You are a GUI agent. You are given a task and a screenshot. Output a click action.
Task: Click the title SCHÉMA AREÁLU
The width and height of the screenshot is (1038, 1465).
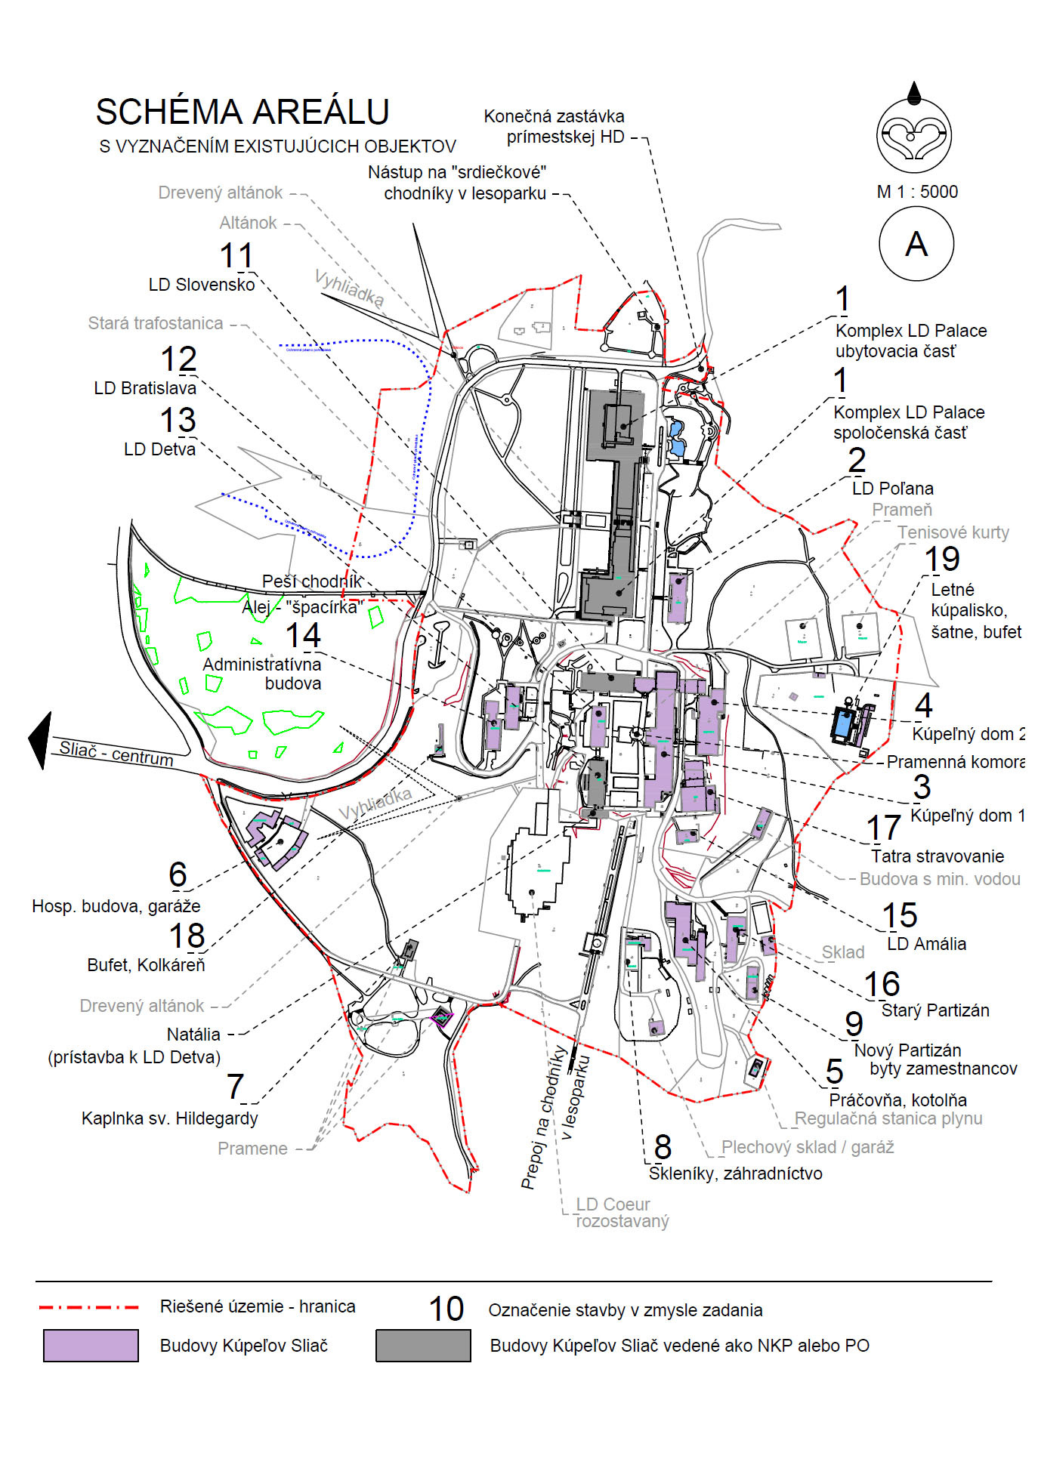[243, 112]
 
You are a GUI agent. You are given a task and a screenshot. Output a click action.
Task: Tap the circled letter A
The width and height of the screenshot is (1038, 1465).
[916, 244]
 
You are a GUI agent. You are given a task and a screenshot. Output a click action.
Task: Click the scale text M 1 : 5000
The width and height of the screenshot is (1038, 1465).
[917, 192]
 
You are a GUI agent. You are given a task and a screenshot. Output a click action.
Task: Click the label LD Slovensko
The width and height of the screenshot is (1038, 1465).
[202, 285]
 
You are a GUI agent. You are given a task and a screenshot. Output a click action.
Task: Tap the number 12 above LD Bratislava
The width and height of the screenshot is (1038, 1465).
[178, 359]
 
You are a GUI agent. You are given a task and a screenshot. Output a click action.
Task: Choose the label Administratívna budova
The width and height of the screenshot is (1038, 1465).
[262, 674]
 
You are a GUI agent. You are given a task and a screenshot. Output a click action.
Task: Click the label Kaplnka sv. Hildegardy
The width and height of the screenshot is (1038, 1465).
[170, 1118]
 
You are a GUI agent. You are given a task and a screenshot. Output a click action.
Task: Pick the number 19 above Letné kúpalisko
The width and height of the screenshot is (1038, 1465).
[942, 560]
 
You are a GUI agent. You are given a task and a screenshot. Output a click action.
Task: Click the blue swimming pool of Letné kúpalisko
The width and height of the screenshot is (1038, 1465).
[842, 725]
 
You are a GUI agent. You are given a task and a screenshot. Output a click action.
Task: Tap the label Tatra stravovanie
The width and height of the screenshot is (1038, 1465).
[938, 856]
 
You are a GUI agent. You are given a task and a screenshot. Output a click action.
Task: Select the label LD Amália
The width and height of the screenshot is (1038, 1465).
[927, 944]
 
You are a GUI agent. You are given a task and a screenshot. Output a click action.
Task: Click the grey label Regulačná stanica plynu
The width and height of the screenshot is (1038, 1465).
[888, 1118]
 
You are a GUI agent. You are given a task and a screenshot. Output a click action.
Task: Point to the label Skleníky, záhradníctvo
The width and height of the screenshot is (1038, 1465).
[736, 1174]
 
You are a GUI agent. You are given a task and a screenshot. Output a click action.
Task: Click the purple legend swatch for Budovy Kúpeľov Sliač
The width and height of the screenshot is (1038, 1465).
[91, 1346]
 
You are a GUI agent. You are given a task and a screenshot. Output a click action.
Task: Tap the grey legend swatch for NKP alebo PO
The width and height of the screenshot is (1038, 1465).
[423, 1346]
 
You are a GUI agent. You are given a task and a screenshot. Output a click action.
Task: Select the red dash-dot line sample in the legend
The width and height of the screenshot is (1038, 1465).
[88, 1307]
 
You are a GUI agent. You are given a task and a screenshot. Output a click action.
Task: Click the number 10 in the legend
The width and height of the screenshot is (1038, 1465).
[446, 1309]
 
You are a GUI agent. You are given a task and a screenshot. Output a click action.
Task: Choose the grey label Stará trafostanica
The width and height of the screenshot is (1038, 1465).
[156, 323]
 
